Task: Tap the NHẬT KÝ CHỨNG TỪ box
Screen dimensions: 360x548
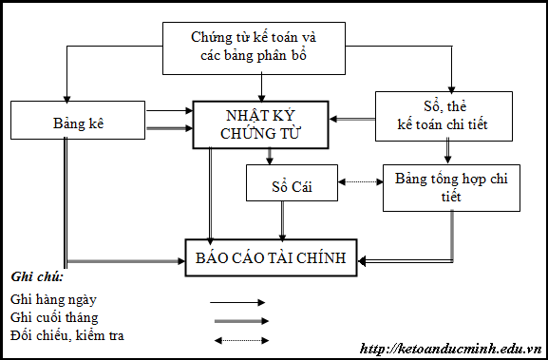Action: pos(261,123)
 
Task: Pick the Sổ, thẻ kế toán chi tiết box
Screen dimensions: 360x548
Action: pos(444,115)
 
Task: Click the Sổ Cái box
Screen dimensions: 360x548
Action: pos(292,182)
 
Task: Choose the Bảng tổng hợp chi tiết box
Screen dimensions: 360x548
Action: pos(451,187)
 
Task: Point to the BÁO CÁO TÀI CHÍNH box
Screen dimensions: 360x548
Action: pos(271,257)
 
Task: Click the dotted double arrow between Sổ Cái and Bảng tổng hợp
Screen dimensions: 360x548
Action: pos(360,181)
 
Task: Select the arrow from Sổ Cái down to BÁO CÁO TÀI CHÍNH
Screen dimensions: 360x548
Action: pos(282,220)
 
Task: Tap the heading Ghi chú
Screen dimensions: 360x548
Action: pos(37,276)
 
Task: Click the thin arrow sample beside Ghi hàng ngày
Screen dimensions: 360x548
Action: pos(237,302)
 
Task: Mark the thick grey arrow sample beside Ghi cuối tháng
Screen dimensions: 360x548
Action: pos(237,320)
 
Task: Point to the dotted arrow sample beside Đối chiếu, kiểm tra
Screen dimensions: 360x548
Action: pos(237,338)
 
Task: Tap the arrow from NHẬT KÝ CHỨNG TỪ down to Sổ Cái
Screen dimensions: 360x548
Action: pos(270,156)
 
